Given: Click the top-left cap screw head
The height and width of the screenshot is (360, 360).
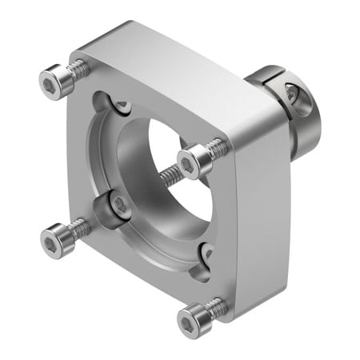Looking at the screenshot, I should (x=52, y=80).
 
